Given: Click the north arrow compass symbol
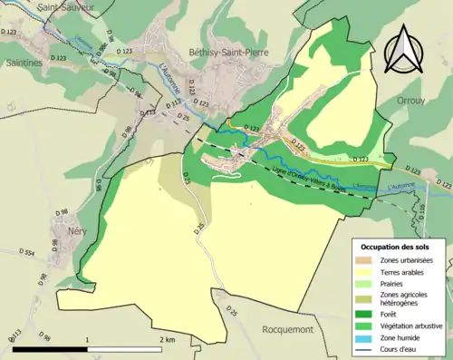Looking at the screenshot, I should pos(403,50).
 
